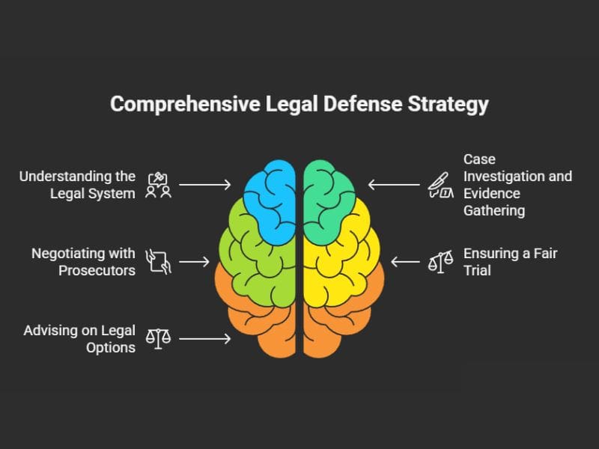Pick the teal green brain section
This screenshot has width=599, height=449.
330,202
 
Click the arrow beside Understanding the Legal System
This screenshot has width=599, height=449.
205,184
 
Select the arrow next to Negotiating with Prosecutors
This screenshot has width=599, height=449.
195,262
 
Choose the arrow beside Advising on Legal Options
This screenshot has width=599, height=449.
205,339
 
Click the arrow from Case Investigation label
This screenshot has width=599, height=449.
394,184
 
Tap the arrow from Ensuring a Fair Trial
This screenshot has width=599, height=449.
406,262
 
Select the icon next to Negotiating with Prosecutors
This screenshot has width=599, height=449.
158,261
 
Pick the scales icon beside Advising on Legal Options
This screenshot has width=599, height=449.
158,338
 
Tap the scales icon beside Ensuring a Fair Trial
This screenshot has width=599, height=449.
440,262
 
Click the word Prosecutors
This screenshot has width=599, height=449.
97,270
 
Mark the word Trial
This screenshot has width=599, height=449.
477,270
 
